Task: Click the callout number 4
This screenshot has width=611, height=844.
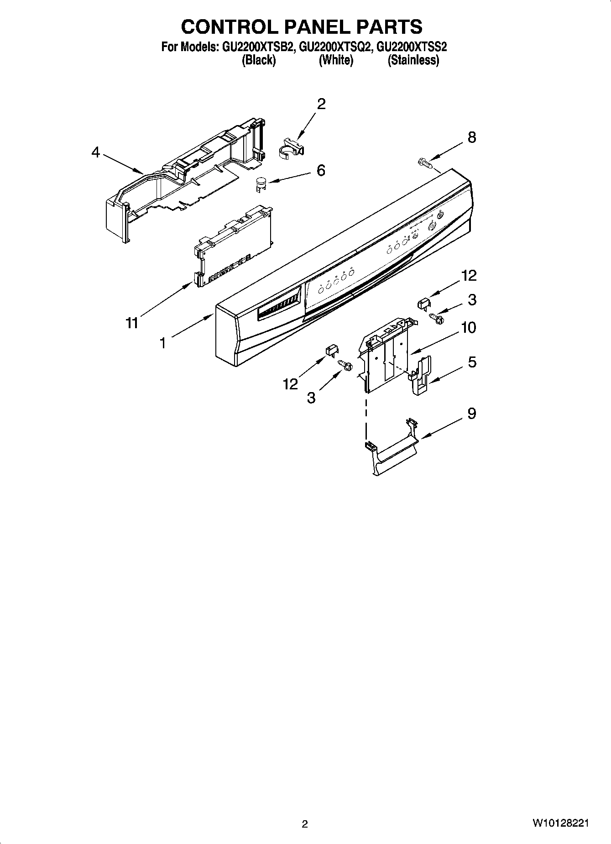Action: click(x=95, y=152)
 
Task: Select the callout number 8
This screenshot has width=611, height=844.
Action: click(x=471, y=137)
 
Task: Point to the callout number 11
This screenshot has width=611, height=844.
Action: click(x=131, y=323)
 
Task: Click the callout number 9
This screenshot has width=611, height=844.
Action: click(x=471, y=413)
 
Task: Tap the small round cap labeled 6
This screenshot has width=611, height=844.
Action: click(x=261, y=183)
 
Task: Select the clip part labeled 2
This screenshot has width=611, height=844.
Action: click(x=291, y=147)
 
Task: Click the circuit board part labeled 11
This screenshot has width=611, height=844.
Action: click(x=233, y=249)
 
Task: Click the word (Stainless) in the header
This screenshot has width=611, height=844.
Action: click(x=413, y=60)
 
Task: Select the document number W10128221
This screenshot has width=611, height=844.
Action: click(x=560, y=823)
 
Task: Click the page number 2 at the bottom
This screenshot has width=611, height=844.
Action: click(x=305, y=824)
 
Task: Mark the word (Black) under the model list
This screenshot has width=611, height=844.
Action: click(x=258, y=60)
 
